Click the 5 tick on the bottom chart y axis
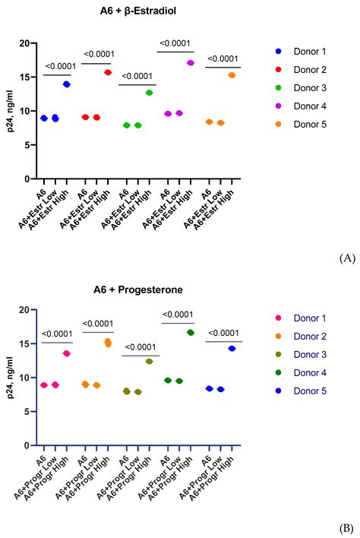(x=27, y=411)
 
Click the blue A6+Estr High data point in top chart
(x=67, y=84)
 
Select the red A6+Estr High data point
(x=108, y=72)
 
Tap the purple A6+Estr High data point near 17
(x=191, y=63)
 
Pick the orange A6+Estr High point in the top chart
(x=232, y=75)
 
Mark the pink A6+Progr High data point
(x=67, y=353)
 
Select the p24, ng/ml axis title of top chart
(x=8, y=111)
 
